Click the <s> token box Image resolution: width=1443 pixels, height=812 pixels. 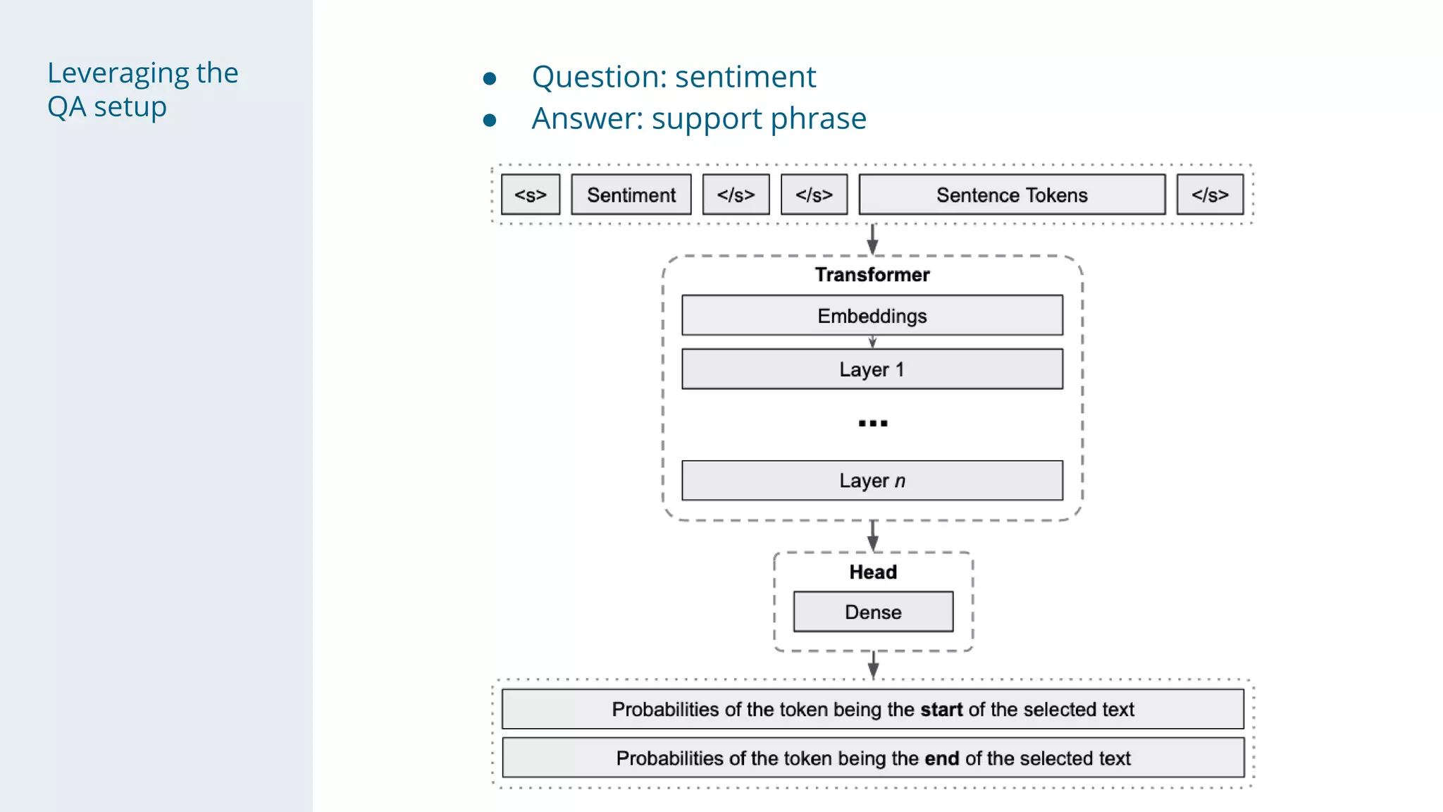530,195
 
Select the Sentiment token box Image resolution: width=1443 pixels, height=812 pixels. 631,195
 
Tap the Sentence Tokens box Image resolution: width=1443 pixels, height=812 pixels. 1011,195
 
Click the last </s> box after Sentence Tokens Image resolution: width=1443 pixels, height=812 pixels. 1209,195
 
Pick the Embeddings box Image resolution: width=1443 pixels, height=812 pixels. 872,315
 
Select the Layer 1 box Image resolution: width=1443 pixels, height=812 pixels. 872,369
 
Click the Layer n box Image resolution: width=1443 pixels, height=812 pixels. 872,480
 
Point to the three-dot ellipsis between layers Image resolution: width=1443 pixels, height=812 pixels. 872,423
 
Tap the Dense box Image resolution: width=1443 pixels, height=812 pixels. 872,611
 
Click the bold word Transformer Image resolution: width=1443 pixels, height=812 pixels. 872,274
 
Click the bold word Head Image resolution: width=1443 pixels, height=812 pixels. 872,572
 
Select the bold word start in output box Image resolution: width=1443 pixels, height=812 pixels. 941,709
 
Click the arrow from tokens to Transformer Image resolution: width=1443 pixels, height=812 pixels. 872,240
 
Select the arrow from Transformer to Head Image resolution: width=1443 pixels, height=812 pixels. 872,536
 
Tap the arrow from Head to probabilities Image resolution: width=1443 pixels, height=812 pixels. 873,664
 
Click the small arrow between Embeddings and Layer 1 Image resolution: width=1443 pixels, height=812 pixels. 872,342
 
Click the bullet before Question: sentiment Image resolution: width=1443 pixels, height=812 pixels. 490,78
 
